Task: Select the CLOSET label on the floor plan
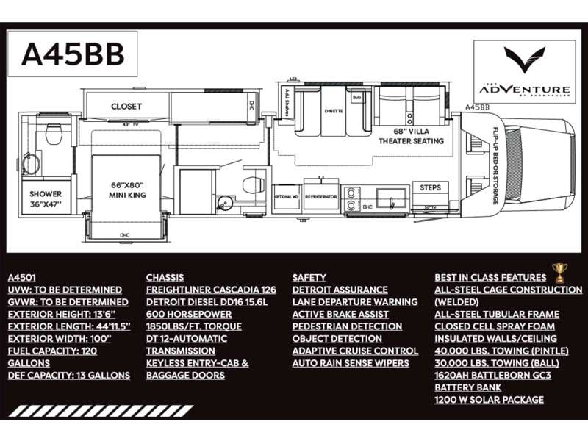coord(126,107)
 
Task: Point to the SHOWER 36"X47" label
coord(46,198)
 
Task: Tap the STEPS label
coord(430,188)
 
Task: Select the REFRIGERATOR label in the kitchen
coord(322,197)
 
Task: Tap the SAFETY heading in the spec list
coord(309,278)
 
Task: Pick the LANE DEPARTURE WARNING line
coord(355,302)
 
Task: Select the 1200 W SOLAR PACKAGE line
coord(489,399)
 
